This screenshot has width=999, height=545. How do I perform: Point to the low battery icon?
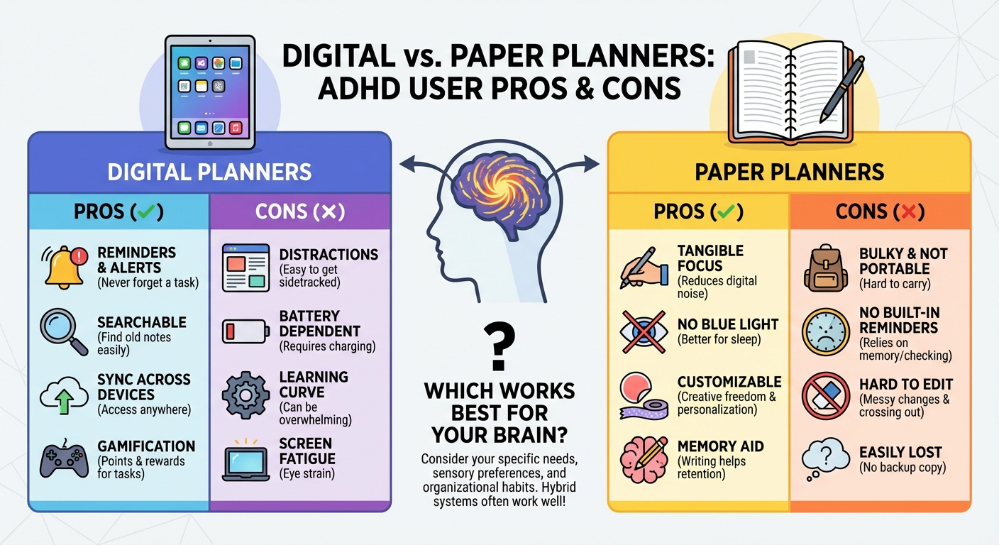click(x=245, y=331)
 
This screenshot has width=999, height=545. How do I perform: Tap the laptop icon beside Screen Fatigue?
click(x=245, y=458)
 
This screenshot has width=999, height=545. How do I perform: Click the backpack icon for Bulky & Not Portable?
click(x=826, y=269)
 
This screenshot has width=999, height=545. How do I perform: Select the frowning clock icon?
click(x=825, y=331)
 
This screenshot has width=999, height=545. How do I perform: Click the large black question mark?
click(x=499, y=342)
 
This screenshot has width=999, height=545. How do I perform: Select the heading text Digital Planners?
click(x=209, y=172)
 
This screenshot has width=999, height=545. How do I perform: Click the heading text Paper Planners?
click(x=789, y=172)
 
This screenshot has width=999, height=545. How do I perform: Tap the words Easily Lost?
click(x=900, y=452)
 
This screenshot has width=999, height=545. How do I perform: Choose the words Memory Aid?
click(x=720, y=446)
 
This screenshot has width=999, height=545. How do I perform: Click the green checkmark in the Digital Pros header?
click(x=147, y=211)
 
